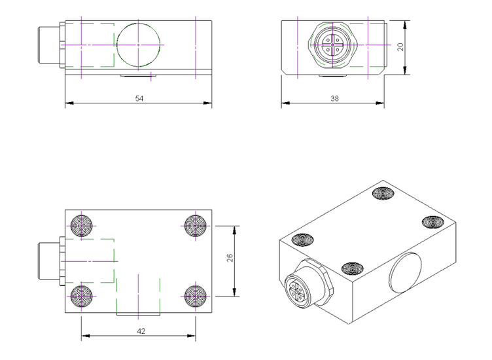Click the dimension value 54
click(x=139, y=98)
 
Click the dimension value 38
click(x=334, y=98)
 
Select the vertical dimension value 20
click(x=400, y=47)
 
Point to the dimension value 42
click(x=140, y=331)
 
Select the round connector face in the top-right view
click(x=333, y=45)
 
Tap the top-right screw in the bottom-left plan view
click(x=195, y=226)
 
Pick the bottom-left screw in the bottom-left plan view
click(x=82, y=296)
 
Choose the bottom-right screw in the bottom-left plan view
click(x=195, y=296)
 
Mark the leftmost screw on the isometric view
click(x=302, y=240)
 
